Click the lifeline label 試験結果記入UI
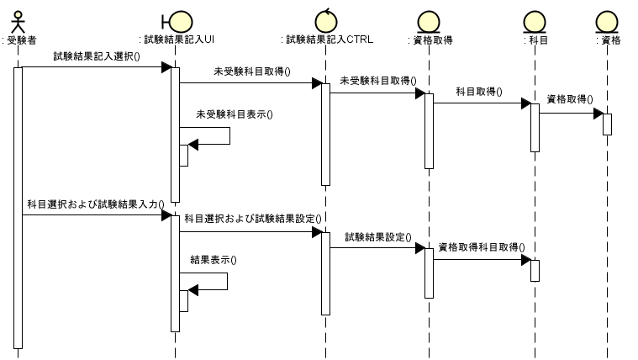pos(176,40)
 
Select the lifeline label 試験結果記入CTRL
pos(325,40)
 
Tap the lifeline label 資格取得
pos(429,40)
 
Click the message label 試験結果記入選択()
pos(97,57)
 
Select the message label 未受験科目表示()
pos(235,114)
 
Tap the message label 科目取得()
pos(479,92)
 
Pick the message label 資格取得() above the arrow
pos(569,99)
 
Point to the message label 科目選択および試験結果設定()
pos(253,219)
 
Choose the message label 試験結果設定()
pos(377,238)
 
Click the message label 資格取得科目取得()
pos(481,247)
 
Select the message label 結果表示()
pos(214,260)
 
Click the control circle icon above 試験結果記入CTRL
pos(325,19)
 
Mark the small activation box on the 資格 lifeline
pos(607,124)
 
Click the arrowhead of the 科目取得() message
pos(525,103)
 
